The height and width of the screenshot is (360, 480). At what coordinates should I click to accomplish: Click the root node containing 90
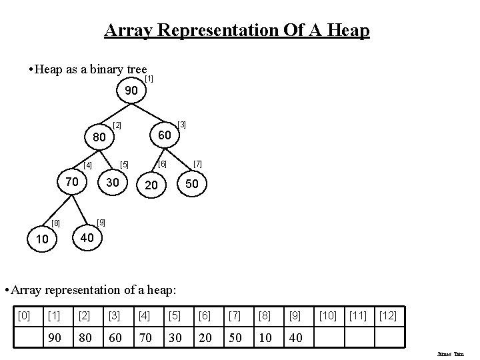(131, 90)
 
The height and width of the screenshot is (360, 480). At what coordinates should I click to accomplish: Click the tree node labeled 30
(113, 181)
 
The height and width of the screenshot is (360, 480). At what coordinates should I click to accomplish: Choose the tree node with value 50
(192, 183)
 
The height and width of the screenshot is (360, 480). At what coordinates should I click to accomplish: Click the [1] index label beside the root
(150, 79)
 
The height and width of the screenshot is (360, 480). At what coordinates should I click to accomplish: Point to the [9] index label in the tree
(101, 221)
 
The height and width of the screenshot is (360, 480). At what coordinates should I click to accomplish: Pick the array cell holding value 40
(296, 337)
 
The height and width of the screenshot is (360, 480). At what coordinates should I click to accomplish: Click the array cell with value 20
(205, 337)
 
